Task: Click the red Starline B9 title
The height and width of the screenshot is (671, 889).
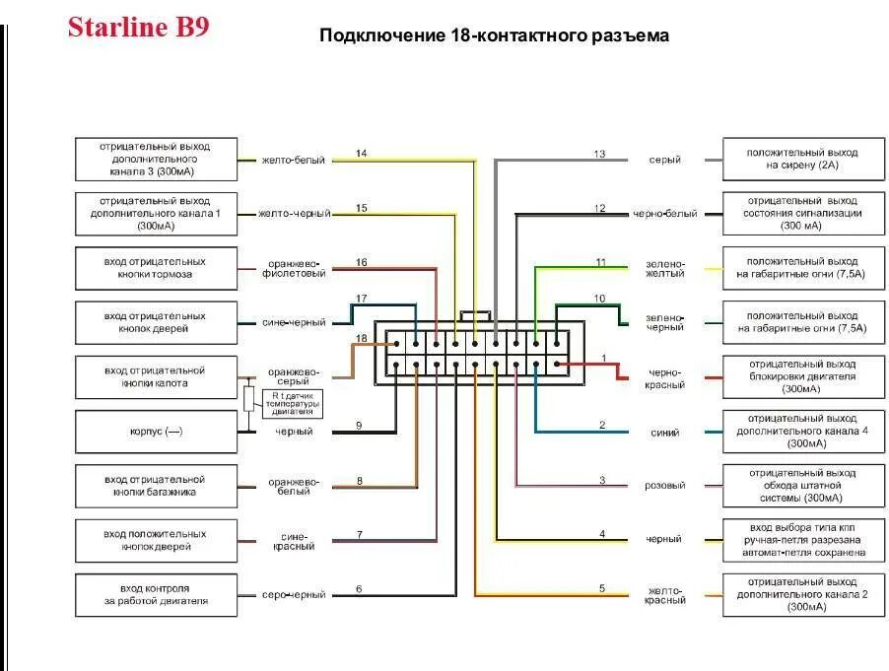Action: pyautogui.click(x=138, y=27)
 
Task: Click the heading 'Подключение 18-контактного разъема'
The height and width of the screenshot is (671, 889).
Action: pyautogui.click(x=494, y=35)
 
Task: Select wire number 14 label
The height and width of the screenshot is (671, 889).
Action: pyautogui.click(x=361, y=153)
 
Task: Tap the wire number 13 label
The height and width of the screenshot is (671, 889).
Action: pyautogui.click(x=599, y=153)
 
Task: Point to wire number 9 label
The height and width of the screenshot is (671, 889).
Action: pyautogui.click(x=359, y=425)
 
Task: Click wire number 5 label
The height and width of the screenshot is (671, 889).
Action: pyautogui.click(x=601, y=588)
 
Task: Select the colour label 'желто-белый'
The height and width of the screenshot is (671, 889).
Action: pyautogui.click(x=293, y=160)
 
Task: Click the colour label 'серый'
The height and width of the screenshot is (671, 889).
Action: pyautogui.click(x=664, y=160)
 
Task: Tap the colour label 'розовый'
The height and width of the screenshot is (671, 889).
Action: pyautogui.click(x=664, y=486)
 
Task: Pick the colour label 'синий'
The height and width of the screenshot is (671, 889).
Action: pyautogui.click(x=664, y=432)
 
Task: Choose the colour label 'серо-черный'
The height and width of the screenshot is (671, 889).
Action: pyautogui.click(x=294, y=595)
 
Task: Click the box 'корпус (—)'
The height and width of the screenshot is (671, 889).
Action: pyautogui.click(x=156, y=432)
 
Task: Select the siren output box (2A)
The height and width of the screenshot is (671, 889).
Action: pyautogui.click(x=801, y=159)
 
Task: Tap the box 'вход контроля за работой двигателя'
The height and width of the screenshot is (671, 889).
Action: pyautogui.click(x=156, y=594)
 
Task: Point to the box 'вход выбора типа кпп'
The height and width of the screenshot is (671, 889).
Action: pyautogui.click(x=801, y=540)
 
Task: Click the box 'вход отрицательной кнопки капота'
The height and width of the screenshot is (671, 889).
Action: pyautogui.click(x=156, y=376)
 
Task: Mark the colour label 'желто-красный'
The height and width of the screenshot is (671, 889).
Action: pyautogui.click(x=666, y=595)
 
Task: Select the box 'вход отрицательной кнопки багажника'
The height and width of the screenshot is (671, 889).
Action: pyautogui.click(x=156, y=486)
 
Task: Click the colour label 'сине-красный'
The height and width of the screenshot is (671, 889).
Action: pyautogui.click(x=294, y=540)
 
